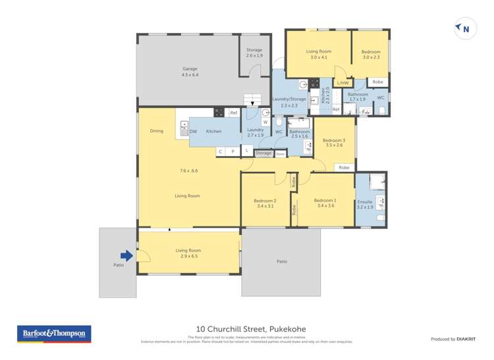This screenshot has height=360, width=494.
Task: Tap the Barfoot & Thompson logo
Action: pyautogui.click(x=53, y=334)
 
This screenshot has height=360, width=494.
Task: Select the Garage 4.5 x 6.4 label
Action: pyautogui.click(x=190, y=72)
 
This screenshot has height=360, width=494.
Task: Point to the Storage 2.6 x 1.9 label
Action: pyautogui.click(x=254, y=53)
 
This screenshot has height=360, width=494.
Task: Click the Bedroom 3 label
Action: pyautogui.click(x=333, y=142)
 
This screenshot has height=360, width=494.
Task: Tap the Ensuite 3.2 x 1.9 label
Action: pyautogui.click(x=364, y=204)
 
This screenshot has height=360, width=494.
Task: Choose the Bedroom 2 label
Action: pyautogui.click(x=265, y=203)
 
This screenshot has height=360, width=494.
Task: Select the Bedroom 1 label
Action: pyautogui.click(x=325, y=203)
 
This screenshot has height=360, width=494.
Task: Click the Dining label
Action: pyautogui.click(x=156, y=131)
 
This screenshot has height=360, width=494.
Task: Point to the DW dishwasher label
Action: pyautogui.click(x=193, y=132)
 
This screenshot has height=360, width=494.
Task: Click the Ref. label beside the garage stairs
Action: pyautogui.click(x=233, y=113)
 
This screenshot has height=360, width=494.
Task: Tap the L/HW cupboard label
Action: pyautogui.click(x=343, y=83)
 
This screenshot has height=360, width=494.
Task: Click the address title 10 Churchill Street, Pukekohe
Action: pyautogui.click(x=251, y=329)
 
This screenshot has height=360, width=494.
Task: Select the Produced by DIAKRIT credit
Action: pyautogui.click(x=453, y=339)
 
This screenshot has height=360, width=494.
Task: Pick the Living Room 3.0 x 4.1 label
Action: pyautogui.click(x=318, y=54)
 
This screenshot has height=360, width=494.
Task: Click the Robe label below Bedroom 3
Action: pyautogui.click(x=344, y=168)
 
